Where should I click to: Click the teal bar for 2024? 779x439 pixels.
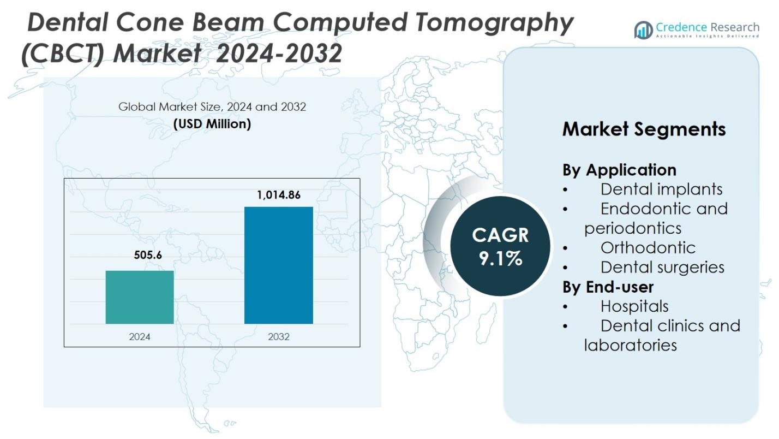(140, 297)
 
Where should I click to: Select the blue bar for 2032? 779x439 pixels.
(278, 265)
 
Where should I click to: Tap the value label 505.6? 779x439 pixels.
(148, 255)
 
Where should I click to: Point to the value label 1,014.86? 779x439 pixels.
(279, 195)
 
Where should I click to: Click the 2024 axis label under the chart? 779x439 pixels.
(140, 336)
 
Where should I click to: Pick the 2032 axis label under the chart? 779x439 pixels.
(279, 336)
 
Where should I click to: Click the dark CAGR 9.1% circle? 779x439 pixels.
(500, 246)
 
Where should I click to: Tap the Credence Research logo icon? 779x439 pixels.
(644, 30)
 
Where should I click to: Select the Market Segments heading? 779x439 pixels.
(644, 129)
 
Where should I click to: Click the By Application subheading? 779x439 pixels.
(619, 170)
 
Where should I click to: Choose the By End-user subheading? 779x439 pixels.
(608, 287)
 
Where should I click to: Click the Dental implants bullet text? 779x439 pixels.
(661, 189)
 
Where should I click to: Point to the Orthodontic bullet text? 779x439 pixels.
(648, 247)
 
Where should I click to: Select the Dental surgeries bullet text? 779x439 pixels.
(662, 267)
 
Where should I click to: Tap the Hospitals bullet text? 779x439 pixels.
(634, 306)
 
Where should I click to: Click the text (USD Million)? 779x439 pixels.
(212, 124)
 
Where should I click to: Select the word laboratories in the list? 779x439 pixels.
(630, 345)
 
